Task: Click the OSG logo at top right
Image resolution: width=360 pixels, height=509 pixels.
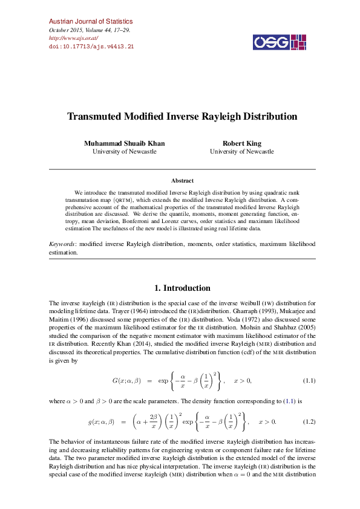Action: [276, 42]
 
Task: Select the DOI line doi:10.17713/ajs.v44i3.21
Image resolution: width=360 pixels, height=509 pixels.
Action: [91, 46]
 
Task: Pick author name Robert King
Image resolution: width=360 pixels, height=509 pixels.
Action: [242, 143]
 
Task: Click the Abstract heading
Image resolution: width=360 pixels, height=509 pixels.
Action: [182, 180]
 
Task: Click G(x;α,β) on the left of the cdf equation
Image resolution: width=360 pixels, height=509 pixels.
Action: [126, 380]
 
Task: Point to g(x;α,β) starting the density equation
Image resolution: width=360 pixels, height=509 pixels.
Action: [101, 421]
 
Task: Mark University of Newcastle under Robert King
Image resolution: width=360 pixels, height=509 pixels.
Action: [242, 152]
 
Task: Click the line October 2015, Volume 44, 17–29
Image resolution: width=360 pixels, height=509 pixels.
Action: [90, 30]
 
